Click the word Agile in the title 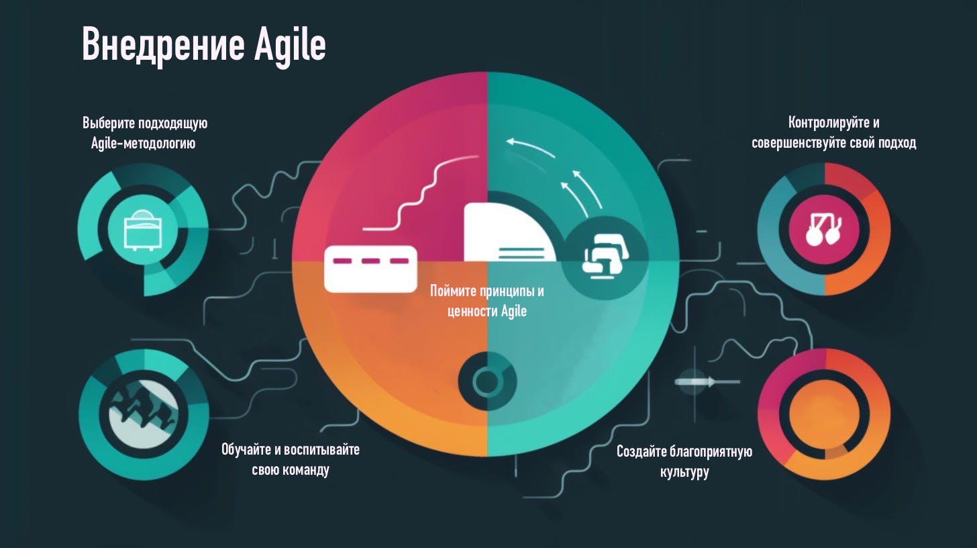click(291, 46)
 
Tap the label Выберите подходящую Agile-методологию click(144, 133)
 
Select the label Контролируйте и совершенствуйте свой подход click(833, 133)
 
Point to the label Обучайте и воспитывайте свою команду click(291, 459)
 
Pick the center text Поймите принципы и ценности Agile click(486, 302)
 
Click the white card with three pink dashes click(370, 268)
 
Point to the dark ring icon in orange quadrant click(486, 381)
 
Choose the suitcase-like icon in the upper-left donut click(143, 229)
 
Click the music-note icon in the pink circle click(824, 228)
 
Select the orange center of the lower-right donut click(823, 414)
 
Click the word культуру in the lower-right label click(684, 471)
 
